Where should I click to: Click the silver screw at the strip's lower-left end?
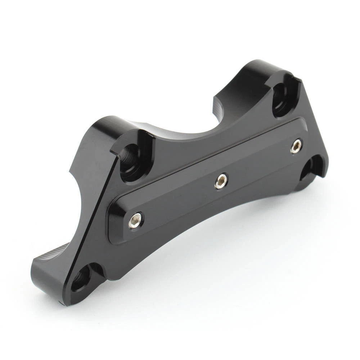135,220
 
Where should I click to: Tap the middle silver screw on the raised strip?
221,181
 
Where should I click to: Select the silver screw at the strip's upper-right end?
296,146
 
